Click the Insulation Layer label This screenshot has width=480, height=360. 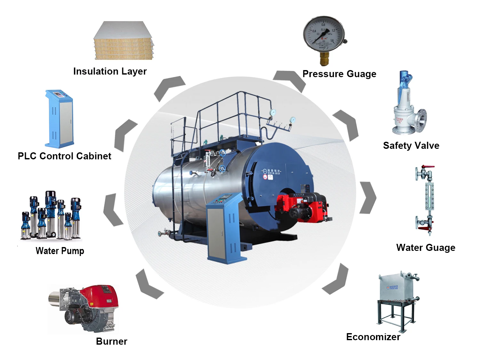click(110, 71)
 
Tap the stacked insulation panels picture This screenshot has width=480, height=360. click(123, 41)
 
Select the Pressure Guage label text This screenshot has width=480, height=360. click(339, 74)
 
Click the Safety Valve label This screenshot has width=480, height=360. click(411, 146)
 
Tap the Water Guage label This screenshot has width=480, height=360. click(426, 248)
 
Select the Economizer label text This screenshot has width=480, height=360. click(373, 337)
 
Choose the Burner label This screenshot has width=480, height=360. click(111, 341)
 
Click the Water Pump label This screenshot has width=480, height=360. click(60, 251)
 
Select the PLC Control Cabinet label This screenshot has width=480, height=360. click(64, 156)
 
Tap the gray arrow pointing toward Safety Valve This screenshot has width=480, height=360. click(347, 125)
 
